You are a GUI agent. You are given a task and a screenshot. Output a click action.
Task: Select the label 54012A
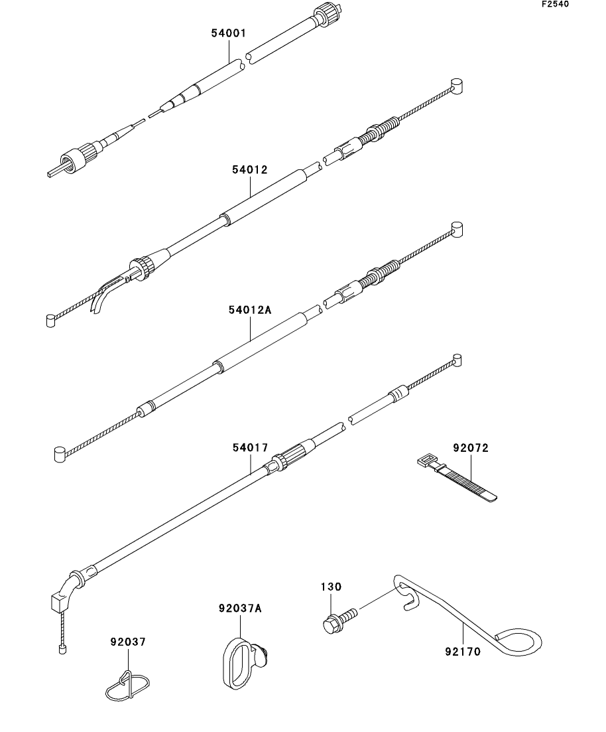tap(249, 310)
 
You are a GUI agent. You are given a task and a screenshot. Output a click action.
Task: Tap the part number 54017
tap(250, 449)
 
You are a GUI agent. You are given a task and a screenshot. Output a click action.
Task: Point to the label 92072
tap(471, 449)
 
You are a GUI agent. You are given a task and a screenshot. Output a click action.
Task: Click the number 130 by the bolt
tap(332, 587)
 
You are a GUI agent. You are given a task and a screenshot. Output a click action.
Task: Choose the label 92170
tap(462, 651)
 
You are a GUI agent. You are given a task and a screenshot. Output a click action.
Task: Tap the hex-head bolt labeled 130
tap(331, 624)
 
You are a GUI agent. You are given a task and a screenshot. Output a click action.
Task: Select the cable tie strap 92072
tap(464, 479)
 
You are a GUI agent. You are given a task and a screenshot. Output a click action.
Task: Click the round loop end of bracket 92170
tap(520, 642)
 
